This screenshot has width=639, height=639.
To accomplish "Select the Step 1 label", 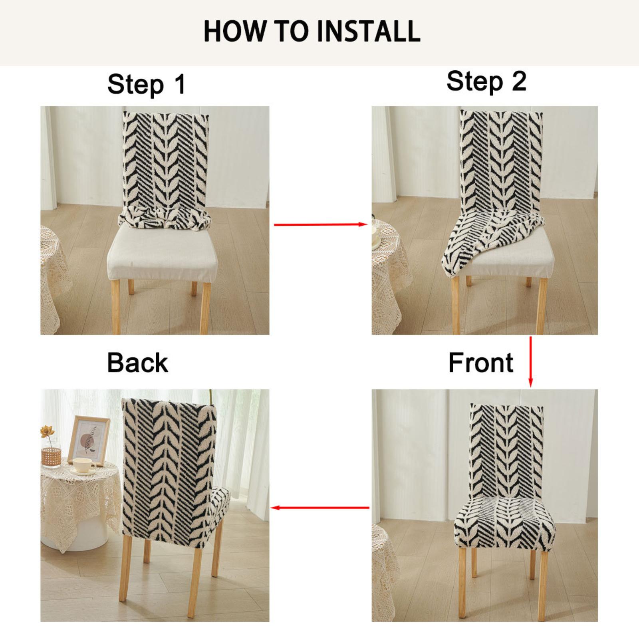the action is coord(147,84).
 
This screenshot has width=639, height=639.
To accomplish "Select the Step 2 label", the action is coord(486,81).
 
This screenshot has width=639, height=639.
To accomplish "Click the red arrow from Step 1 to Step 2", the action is coord(321,224).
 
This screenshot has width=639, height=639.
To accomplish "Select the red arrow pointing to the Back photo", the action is coord(320,508).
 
